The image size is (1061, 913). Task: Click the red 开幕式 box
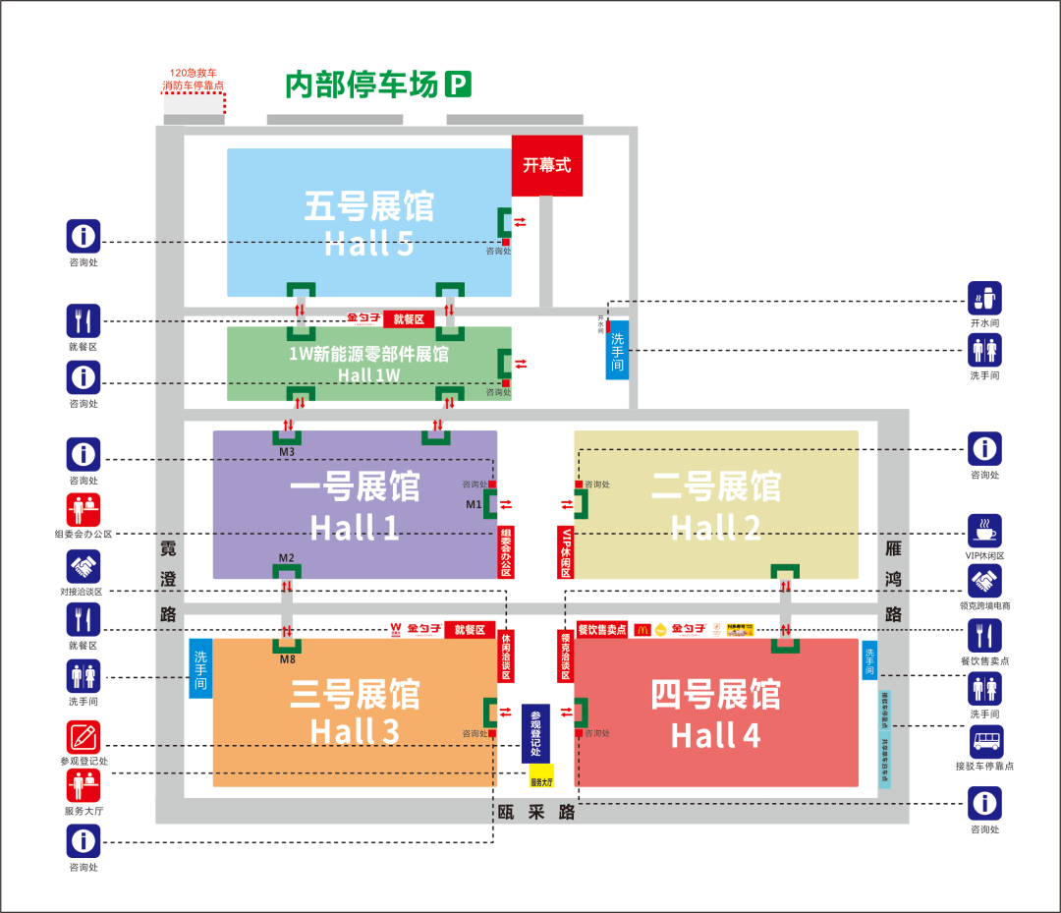546,165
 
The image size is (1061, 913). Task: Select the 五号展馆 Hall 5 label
368,225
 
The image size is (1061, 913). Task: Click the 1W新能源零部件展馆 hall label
368,363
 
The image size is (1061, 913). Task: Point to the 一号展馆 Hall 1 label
355,506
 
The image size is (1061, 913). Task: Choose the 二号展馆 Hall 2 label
715,506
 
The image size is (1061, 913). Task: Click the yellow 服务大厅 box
542,776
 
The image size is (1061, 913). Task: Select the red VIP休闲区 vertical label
566,551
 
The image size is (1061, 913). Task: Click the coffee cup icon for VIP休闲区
984,532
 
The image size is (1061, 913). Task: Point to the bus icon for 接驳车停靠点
984,743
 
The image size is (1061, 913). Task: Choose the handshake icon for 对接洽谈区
84,567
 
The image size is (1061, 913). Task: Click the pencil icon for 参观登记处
84,737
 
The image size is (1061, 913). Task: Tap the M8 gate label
287,659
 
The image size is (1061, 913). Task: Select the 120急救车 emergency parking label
193,80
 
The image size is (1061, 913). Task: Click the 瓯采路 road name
536,813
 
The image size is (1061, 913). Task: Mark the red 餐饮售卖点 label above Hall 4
601,629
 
